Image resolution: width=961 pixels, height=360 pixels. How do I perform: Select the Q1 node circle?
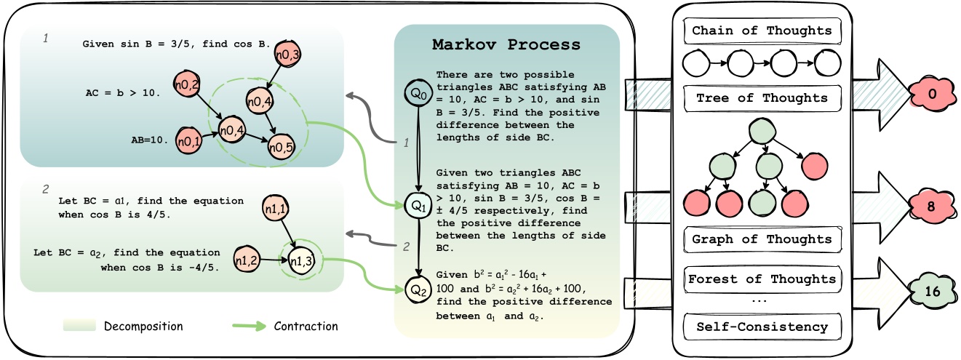(418, 206)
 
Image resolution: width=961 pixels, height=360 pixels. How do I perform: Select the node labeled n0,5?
(279, 148)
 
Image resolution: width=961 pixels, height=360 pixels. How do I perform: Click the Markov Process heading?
(506, 44)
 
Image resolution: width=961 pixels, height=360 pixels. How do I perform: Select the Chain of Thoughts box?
(762, 31)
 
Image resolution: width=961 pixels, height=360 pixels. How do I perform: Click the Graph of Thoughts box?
(762, 239)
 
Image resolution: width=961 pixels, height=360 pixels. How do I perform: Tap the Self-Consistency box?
(762, 327)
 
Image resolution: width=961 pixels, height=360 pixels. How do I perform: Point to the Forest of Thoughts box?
(762, 279)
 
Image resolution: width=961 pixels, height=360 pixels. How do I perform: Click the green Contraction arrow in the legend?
(250, 326)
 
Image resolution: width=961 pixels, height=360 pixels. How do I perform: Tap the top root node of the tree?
(762, 132)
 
